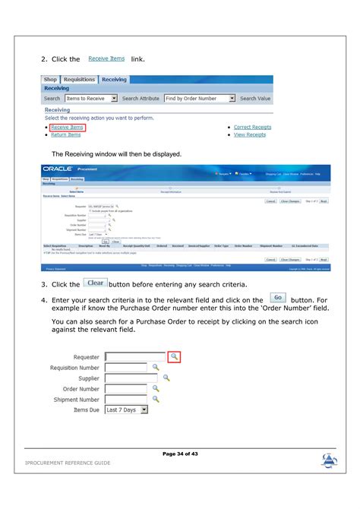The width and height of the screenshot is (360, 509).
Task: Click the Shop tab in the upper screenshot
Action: click(x=51, y=79)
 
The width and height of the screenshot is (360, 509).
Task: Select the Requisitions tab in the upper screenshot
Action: click(x=79, y=79)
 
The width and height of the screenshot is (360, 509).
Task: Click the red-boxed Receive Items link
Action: click(x=67, y=128)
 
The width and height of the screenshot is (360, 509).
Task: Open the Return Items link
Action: click(x=65, y=135)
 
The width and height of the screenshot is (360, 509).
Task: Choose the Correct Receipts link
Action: click(x=252, y=128)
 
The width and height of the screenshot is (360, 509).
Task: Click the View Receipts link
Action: click(x=250, y=135)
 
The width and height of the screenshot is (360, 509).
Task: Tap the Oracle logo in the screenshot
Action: click(x=59, y=169)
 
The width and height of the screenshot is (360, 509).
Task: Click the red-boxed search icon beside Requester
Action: click(x=174, y=356)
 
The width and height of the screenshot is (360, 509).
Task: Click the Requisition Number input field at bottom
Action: click(x=125, y=367)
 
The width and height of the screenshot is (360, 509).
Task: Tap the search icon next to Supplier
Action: click(x=166, y=378)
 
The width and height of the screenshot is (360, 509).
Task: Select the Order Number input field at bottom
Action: click(x=125, y=388)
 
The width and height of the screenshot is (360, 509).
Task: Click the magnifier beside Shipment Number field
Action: click(x=156, y=398)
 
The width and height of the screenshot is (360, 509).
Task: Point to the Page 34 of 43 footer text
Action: click(x=180, y=454)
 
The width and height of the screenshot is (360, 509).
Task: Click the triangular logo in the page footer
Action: click(x=329, y=460)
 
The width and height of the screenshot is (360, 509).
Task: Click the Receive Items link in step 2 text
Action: click(x=106, y=58)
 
